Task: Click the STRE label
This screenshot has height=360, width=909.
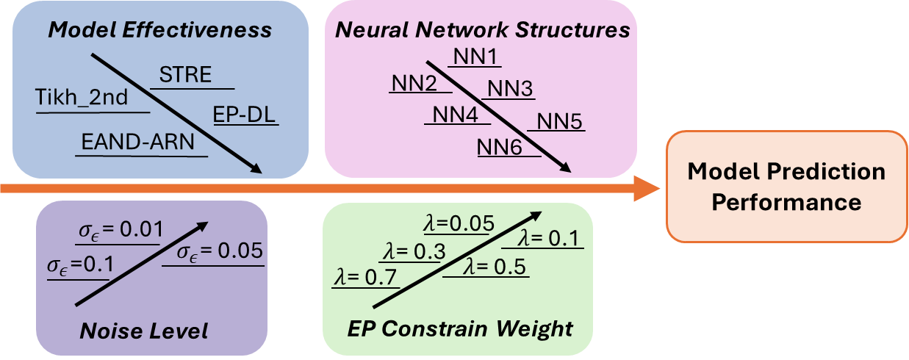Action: pyautogui.click(x=185, y=74)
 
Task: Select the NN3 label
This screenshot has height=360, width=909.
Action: pyautogui.click(x=510, y=89)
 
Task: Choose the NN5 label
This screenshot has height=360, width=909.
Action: pyautogui.click(x=560, y=121)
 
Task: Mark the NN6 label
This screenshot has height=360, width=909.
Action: pyautogui.click(x=500, y=146)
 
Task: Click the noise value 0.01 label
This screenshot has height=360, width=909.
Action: pyautogui.click(x=120, y=231)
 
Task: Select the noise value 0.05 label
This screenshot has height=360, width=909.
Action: pyautogui.click(x=220, y=252)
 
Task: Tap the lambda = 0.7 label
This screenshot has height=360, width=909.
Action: pyautogui.click(x=365, y=278)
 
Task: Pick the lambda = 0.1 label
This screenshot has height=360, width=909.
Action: pyautogui.click(x=547, y=238)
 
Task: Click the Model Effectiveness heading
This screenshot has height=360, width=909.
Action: pyautogui.click(x=160, y=30)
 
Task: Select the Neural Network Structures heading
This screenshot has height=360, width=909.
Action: pyautogui.click(x=483, y=30)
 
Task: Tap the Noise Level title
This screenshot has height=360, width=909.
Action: pyautogui.click(x=144, y=331)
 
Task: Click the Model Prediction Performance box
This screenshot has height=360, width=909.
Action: pyautogui.click(x=786, y=187)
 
